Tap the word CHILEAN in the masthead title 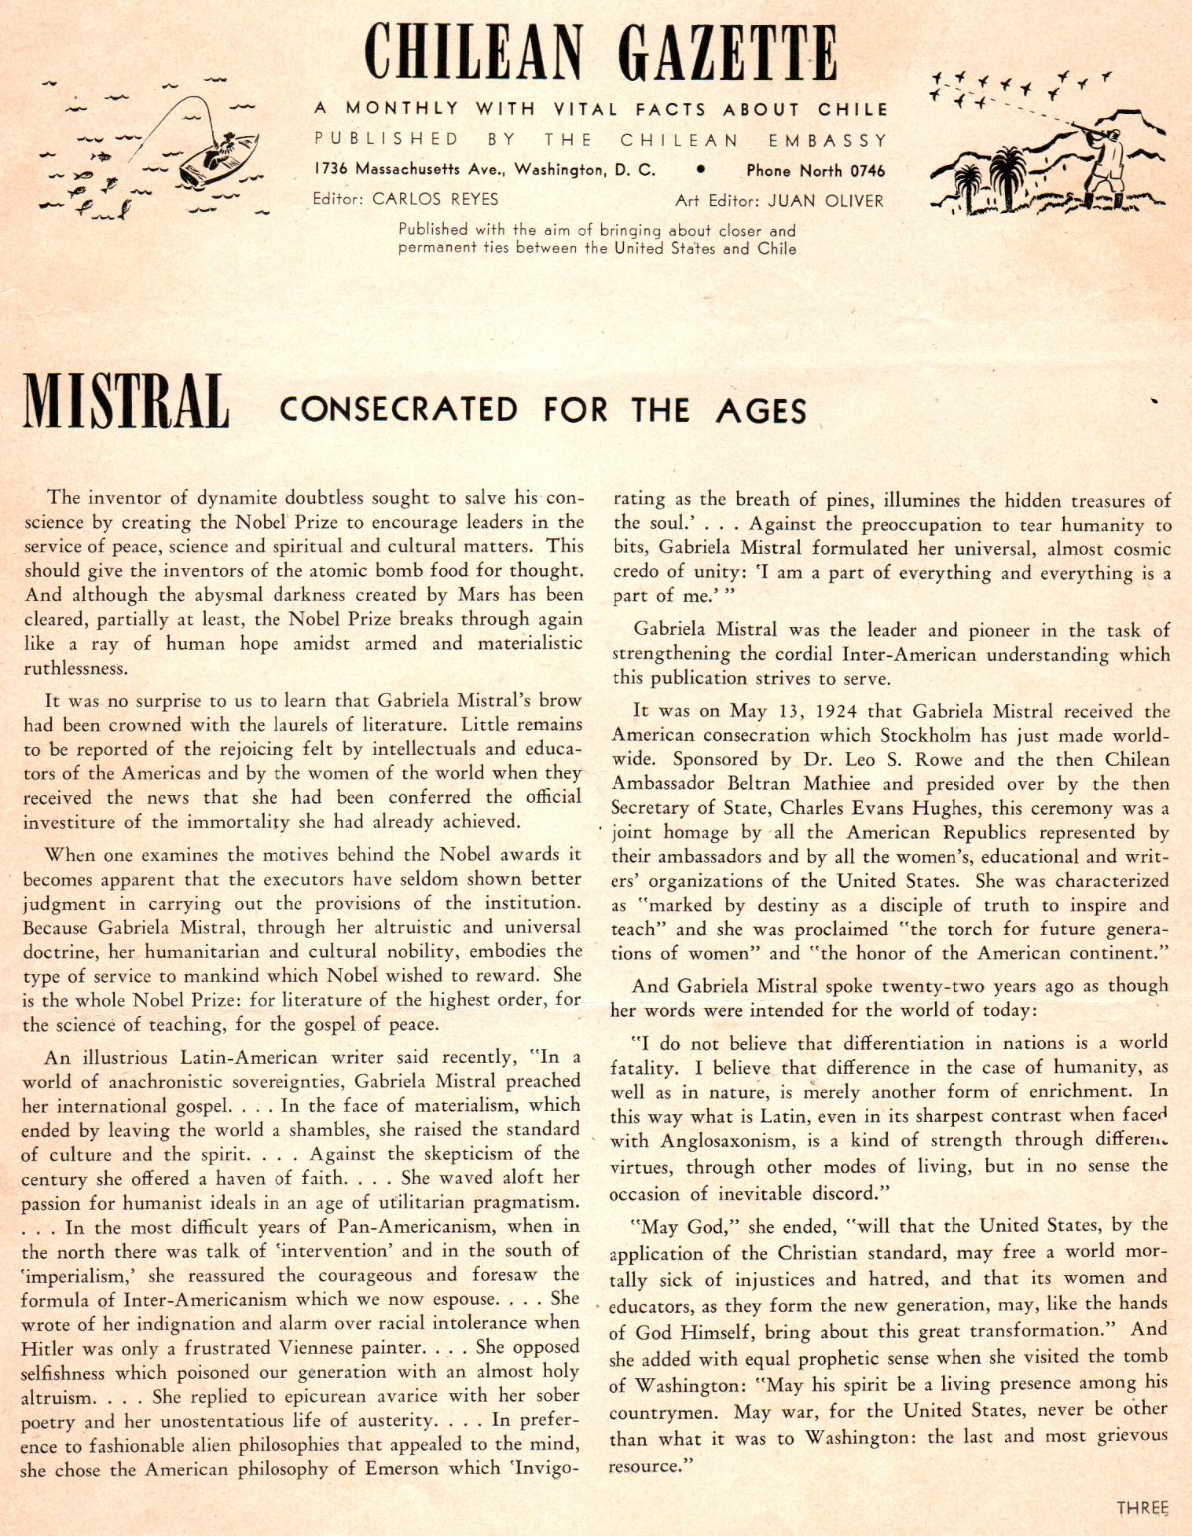(x=473, y=54)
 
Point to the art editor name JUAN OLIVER (x=826, y=201)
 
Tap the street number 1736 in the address (x=330, y=169)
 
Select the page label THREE (x=1142, y=1508)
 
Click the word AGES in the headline (x=761, y=411)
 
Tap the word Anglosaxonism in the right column (x=726, y=1141)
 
